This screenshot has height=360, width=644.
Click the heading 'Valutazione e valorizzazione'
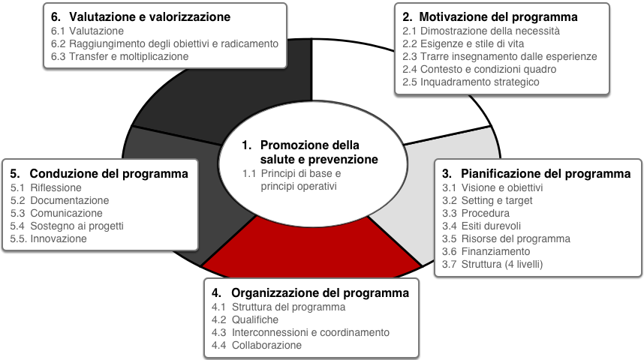pos(149,16)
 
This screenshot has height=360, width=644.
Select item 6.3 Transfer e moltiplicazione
pos(119,57)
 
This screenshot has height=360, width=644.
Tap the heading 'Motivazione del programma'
pos(498,16)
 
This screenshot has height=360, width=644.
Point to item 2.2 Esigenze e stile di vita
pos(463,44)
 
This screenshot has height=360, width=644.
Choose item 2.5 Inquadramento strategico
pos(471,82)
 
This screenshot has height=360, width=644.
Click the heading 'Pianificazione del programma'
pos(546,174)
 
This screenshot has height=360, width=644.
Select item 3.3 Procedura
pos(476,214)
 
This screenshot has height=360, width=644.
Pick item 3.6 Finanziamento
pos(486,252)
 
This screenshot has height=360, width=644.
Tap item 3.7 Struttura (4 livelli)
pos(492,264)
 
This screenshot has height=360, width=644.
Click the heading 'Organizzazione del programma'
pos(320,293)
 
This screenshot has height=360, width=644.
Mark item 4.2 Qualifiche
pos(245,319)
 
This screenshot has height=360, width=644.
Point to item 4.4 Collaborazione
pos(256,345)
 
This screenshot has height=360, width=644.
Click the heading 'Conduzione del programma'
pos(109,174)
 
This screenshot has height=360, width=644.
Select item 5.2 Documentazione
pos(59,201)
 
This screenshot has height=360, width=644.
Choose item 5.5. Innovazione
pos(49,239)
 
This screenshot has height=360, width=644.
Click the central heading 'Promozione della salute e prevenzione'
pos(310,152)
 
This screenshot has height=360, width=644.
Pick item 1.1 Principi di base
pos(292,174)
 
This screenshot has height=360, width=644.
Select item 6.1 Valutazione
pos(87,31)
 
